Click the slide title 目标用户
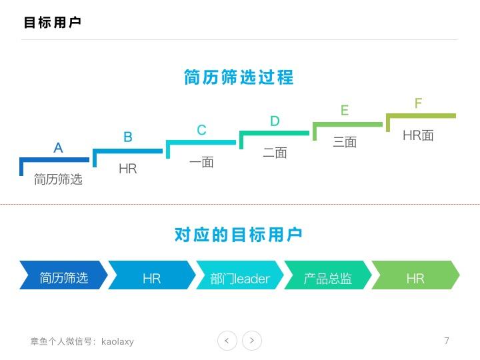point(53,23)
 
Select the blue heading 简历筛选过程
point(239,77)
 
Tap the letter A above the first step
point(58,148)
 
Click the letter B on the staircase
point(128,137)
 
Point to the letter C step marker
point(201,130)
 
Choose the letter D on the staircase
point(275,121)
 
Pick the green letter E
point(345,110)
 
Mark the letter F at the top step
point(418,103)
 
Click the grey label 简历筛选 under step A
point(58,179)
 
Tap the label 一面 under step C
point(201,162)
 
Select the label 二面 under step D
point(275,153)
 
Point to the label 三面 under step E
point(345,143)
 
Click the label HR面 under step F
point(418,135)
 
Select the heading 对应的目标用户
point(238,235)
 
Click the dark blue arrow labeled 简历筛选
point(64,275)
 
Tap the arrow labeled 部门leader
point(240,275)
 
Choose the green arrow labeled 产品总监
point(327,275)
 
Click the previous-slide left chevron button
point(227,341)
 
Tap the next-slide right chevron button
point(252,341)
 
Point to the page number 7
point(447,341)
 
